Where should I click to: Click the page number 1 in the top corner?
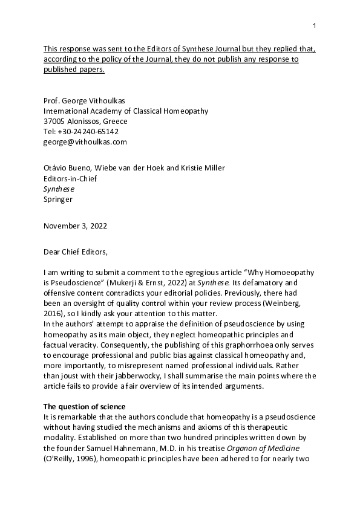click(x=315, y=25)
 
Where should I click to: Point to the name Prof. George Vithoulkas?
click(x=87, y=100)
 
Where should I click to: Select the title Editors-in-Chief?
click(x=70, y=178)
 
